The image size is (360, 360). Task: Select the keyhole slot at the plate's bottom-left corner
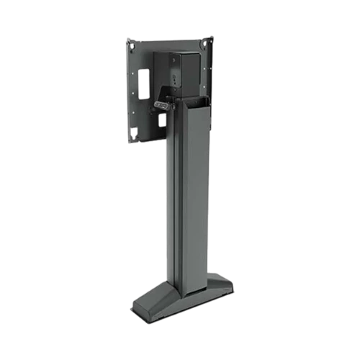(135, 131)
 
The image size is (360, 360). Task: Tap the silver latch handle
(162, 105)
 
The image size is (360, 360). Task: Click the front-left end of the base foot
(144, 307)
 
